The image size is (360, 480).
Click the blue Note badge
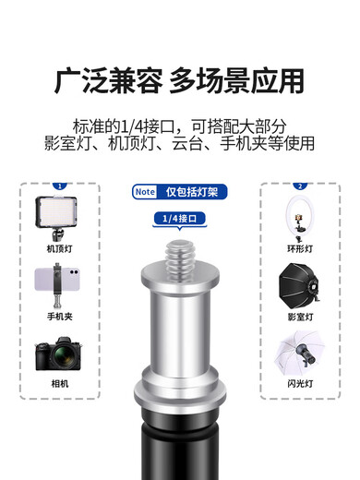(x=145, y=193)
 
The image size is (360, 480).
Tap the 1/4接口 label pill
(x=180, y=219)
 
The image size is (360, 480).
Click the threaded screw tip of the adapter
(x=179, y=247)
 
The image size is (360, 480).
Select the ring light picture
(x=300, y=218)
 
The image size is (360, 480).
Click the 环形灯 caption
(x=300, y=249)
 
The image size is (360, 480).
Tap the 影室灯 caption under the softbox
(x=300, y=316)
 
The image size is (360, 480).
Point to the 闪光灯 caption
(x=300, y=382)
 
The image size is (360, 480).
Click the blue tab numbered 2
(x=300, y=186)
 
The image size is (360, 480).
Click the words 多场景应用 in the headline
(x=236, y=81)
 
